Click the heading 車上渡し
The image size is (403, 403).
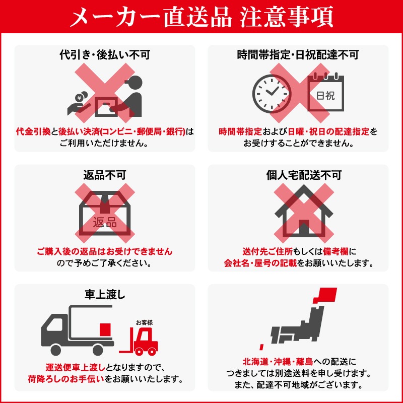click(105, 295)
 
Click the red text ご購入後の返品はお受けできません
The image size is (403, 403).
click(105, 251)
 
